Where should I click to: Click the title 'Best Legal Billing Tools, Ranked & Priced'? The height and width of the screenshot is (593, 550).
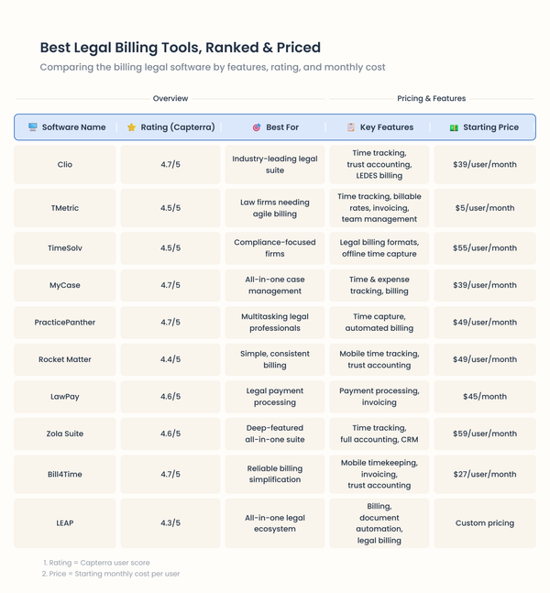pos(180,48)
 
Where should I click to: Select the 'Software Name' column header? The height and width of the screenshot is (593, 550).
pos(73,127)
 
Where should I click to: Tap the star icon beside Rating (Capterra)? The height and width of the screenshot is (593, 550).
pos(131,127)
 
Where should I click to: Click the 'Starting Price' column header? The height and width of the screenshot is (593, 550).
pos(490,127)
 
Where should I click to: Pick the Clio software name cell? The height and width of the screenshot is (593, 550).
pos(65,165)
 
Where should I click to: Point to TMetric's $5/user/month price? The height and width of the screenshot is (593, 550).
pos(485,208)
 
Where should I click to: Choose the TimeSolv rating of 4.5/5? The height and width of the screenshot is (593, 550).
pos(170,248)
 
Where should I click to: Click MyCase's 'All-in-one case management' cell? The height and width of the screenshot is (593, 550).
pos(275,285)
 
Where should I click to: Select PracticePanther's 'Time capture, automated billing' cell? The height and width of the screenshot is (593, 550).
pos(379,323)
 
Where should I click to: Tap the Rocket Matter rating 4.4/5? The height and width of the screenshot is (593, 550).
pos(170,359)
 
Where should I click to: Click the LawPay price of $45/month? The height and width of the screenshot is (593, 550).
pos(485,397)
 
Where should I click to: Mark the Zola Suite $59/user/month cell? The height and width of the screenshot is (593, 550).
pos(485,434)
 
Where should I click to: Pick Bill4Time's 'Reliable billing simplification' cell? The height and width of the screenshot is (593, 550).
pos(275,474)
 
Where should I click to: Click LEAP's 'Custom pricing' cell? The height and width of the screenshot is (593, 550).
pos(485,523)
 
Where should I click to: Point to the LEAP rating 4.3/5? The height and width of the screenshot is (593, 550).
pos(170,523)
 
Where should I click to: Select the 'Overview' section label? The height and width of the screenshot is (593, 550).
pos(170,98)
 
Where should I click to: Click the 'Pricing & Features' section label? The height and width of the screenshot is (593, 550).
pos(431,98)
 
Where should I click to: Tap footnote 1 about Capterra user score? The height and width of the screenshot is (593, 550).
pos(96,563)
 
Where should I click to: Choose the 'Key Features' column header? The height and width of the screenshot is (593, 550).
pos(386,127)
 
